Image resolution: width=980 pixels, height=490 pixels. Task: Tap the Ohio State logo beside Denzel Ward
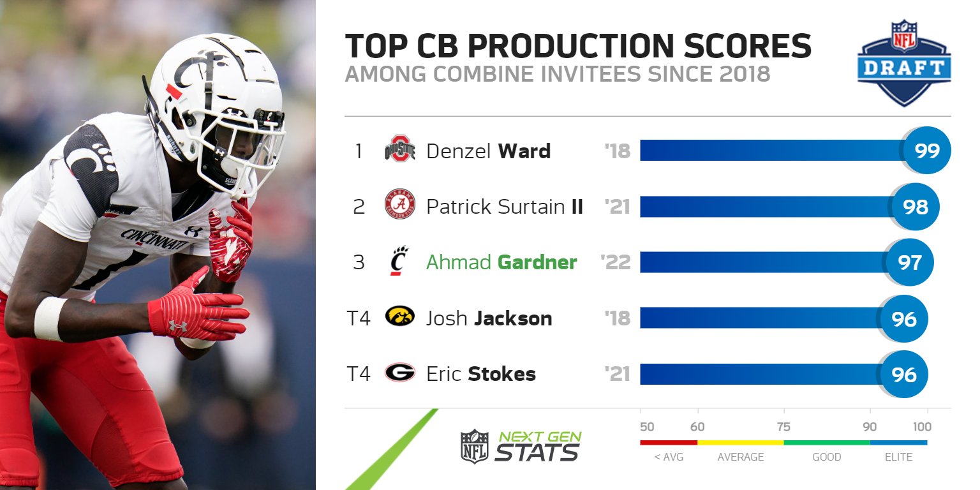(400, 151)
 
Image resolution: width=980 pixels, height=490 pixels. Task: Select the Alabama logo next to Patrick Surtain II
(400, 205)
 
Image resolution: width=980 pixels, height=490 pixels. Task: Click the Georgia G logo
(400, 373)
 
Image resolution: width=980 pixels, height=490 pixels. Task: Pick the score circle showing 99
(926, 151)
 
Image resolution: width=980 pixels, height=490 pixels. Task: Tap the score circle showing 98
(915, 206)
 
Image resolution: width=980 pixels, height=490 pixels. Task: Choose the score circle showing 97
(909, 262)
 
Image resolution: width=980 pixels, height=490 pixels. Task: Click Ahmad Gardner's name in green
(501, 262)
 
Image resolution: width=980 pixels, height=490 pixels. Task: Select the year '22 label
(616, 262)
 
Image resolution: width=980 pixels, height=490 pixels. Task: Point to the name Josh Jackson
(489, 318)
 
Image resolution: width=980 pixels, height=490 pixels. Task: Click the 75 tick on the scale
(783, 427)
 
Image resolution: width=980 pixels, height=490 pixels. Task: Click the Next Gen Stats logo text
(538, 446)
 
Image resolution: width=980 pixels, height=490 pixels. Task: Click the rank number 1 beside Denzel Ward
(359, 151)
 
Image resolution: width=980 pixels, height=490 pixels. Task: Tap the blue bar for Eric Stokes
(759, 374)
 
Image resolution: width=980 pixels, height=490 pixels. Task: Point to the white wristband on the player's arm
(48, 318)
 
